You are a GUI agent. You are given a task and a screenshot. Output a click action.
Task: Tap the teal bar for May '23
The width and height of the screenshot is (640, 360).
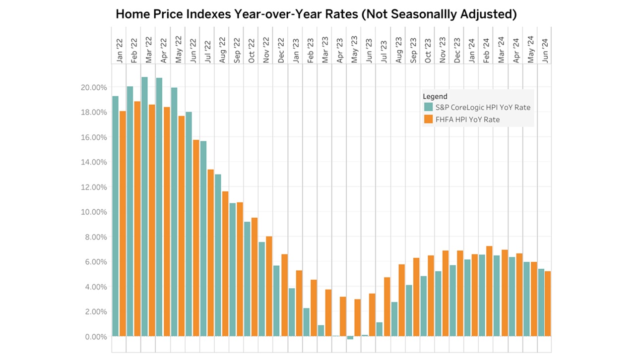click(350, 338)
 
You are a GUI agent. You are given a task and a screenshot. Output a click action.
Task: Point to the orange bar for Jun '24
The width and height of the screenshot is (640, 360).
click(548, 303)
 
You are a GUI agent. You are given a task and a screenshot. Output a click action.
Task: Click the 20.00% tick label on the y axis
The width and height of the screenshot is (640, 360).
click(93, 87)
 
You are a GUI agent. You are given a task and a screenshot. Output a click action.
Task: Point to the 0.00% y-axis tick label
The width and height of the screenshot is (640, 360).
click(95, 337)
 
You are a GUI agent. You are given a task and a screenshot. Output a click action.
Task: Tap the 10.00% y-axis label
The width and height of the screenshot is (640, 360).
click(93, 212)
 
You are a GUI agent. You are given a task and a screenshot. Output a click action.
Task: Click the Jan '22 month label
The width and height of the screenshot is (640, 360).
click(119, 52)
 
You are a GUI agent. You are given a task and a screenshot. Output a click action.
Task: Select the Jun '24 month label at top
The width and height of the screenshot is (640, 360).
click(545, 52)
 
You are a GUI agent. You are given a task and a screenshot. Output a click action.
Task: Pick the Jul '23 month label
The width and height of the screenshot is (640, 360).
click(383, 52)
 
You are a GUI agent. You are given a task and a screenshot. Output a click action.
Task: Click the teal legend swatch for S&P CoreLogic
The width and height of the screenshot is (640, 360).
click(427, 107)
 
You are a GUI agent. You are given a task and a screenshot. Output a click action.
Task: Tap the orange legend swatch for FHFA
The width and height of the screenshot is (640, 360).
click(427, 119)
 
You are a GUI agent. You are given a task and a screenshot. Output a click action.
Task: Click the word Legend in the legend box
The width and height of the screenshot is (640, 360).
click(435, 96)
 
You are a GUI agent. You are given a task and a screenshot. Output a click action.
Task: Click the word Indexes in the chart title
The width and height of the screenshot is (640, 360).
click(204, 14)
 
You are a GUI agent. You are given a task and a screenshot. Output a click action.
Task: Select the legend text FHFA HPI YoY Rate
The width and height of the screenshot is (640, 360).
click(467, 120)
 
